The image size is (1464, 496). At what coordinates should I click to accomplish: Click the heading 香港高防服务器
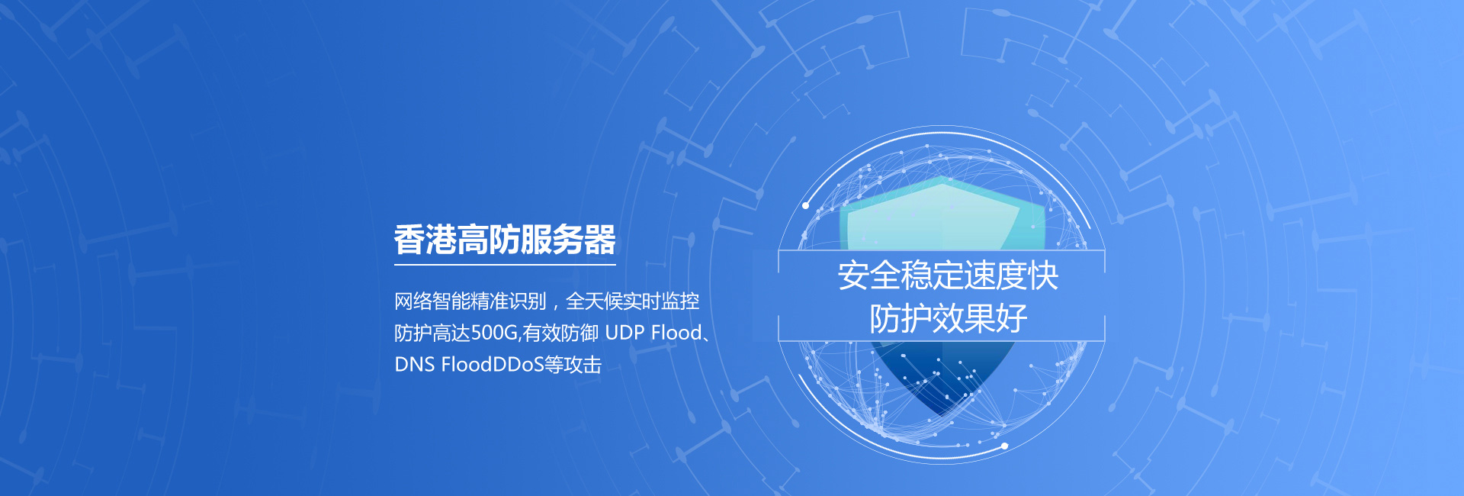(x=505, y=240)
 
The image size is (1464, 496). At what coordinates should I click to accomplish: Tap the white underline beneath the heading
(x=505, y=265)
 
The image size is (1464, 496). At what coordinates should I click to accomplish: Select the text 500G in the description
(x=494, y=333)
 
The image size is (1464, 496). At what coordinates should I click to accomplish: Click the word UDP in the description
(x=624, y=333)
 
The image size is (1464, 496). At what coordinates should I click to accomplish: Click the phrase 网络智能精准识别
(x=470, y=301)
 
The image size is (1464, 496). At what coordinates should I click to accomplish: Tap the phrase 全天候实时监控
(x=633, y=301)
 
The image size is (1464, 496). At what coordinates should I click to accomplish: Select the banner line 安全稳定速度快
(x=948, y=275)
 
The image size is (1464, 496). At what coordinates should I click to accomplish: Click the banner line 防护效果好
(x=948, y=318)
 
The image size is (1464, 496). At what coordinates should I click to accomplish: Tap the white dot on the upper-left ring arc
(x=805, y=205)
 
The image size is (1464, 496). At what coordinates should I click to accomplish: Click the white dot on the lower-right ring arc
(x=1004, y=446)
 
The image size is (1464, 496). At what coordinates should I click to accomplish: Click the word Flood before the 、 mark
(x=676, y=333)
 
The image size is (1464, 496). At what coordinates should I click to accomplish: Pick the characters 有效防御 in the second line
(x=560, y=333)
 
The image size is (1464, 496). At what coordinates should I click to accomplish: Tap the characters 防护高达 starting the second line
(x=432, y=333)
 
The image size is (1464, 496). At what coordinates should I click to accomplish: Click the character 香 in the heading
(x=409, y=240)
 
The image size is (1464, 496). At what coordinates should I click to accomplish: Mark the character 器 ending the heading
(x=600, y=240)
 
